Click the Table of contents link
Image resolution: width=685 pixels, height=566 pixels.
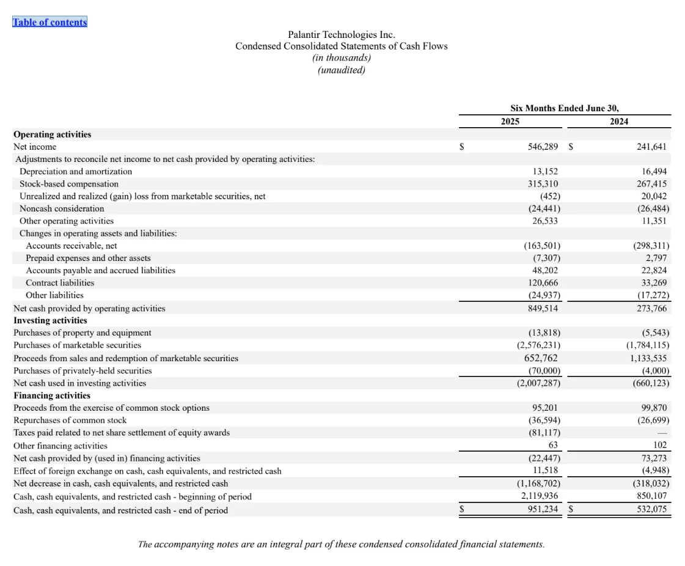50,22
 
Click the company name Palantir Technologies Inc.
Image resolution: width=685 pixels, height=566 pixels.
341,34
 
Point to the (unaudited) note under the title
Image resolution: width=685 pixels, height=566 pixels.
341,70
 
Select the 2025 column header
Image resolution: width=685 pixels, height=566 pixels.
510,122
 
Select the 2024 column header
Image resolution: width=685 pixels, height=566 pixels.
618,122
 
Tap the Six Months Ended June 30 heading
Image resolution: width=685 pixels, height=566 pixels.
564,108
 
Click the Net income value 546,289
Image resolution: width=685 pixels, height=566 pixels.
543,147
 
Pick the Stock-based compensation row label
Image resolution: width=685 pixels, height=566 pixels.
69,184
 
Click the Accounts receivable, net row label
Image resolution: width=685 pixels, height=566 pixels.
71,246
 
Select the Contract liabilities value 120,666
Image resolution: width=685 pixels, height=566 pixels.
543,283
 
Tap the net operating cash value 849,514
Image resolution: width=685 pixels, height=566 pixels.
543,309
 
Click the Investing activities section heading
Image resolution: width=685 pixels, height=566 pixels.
50,320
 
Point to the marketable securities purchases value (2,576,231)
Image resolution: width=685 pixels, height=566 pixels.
538,345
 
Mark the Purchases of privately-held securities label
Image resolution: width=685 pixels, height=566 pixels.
82,370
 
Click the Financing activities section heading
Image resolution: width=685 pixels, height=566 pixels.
52,395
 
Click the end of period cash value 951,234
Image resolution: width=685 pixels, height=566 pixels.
543,510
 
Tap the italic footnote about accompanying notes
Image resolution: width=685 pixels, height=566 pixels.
341,544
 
